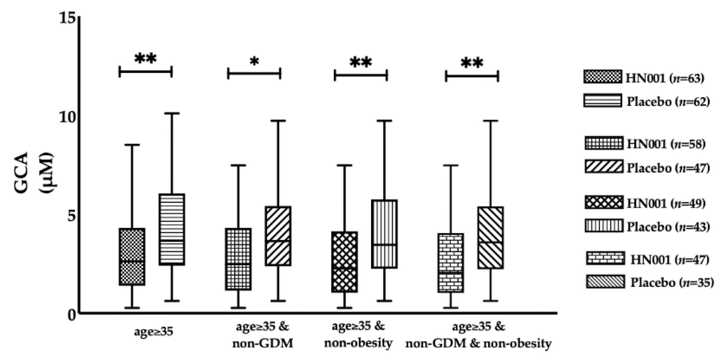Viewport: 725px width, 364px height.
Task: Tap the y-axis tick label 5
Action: [71, 216]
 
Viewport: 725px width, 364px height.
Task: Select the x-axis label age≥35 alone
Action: [153, 332]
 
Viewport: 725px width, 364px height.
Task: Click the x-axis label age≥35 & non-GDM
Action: [263, 335]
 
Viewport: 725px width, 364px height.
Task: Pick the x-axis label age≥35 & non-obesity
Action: [358, 335]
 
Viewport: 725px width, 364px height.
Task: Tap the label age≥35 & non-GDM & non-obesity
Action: [479, 335]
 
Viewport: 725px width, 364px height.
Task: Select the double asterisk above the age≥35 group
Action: [146, 59]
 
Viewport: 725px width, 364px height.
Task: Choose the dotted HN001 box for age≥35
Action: [132, 257]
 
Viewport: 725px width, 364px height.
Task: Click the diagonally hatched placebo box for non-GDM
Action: [278, 236]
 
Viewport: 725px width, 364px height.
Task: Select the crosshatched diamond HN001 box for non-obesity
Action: [344, 262]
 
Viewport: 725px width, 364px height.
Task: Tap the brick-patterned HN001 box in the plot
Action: [451, 263]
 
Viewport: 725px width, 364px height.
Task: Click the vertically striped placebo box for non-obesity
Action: [384, 234]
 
